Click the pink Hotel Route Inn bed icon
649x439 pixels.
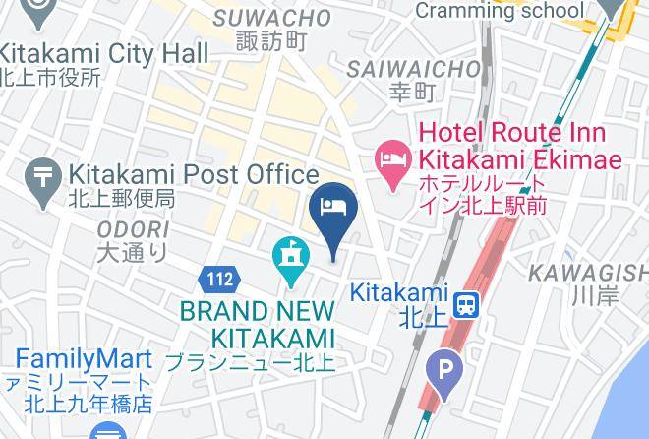[x=393, y=157]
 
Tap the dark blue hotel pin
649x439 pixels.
[x=331, y=209]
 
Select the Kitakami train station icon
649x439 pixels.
[x=467, y=301]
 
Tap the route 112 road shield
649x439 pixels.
[x=219, y=280]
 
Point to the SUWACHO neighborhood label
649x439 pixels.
[x=272, y=18]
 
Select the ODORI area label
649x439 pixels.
[x=133, y=228]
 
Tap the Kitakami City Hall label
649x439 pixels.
[x=104, y=51]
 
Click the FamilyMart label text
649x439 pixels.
[x=83, y=358]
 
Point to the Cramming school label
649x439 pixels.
[x=499, y=11]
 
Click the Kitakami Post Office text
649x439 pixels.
[x=193, y=175]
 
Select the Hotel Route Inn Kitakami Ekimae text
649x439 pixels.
[x=521, y=146]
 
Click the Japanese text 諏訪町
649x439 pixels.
[x=272, y=41]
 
